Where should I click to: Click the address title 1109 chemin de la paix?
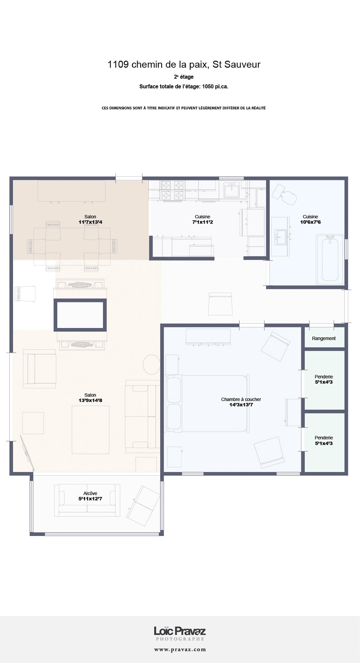point(184,65)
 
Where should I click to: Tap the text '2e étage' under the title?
point(184,77)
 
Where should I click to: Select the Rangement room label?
point(324,338)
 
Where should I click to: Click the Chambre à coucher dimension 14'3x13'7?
point(241,405)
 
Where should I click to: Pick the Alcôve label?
point(90,493)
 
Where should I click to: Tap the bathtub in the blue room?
point(330,259)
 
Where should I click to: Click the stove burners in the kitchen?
point(173,191)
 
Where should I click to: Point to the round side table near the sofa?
point(152,364)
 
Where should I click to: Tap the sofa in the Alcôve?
point(87,500)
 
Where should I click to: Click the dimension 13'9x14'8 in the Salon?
point(90,401)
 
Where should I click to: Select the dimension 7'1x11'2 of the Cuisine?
point(202,222)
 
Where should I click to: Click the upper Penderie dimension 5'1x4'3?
point(324,382)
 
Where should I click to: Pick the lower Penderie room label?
point(324,438)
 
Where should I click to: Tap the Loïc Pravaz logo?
point(180,632)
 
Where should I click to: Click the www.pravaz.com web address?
point(180,650)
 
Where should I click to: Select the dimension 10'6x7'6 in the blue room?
point(310,222)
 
